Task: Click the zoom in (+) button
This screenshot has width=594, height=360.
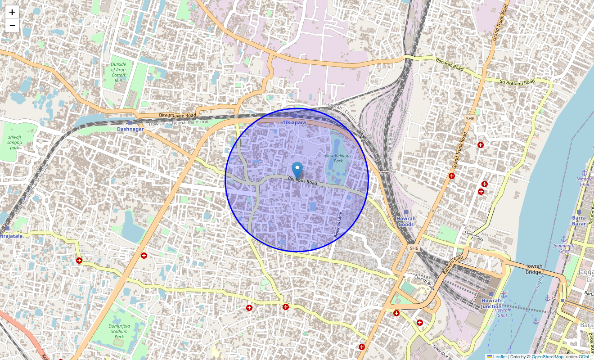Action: [x=12, y=12]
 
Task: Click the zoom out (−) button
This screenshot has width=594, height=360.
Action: [x=12, y=26]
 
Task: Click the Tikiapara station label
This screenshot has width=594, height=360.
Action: [x=294, y=122]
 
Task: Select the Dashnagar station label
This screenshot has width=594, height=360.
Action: [x=130, y=129]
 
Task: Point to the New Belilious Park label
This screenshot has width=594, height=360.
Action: [x=338, y=158]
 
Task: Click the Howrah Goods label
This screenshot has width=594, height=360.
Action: [x=406, y=221]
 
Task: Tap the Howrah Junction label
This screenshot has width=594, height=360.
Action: [x=490, y=303]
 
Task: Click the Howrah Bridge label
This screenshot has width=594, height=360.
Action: [x=533, y=269]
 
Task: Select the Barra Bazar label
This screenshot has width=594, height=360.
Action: [x=579, y=220]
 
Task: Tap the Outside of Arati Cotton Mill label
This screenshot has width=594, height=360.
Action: [x=118, y=72]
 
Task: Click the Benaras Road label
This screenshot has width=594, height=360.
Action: [x=449, y=64]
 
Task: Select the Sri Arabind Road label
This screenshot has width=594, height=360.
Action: [x=517, y=81]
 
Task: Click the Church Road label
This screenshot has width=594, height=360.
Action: [x=424, y=282]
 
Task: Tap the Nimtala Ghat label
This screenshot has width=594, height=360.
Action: [x=585, y=181]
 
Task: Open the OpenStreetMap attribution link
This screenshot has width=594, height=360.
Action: [x=547, y=357]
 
